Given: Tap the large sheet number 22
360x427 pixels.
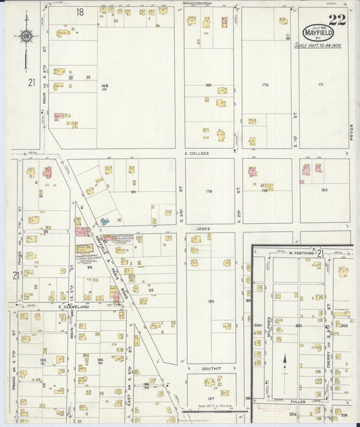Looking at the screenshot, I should pos(336,20).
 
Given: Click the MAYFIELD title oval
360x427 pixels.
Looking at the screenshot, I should pos(317,32).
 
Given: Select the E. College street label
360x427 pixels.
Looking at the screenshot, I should pos(197,153).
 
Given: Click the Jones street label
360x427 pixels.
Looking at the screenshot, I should pos(203,229).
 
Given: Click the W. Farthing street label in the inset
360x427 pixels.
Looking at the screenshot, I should pos(299,253).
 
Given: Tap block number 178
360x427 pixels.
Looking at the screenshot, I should pos(209,191).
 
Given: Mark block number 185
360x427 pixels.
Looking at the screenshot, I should pos(211,301).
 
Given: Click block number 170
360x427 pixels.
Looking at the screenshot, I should pos(265,85).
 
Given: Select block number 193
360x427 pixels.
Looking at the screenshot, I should pos(43,360).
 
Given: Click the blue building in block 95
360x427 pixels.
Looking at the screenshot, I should pos(105,220).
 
